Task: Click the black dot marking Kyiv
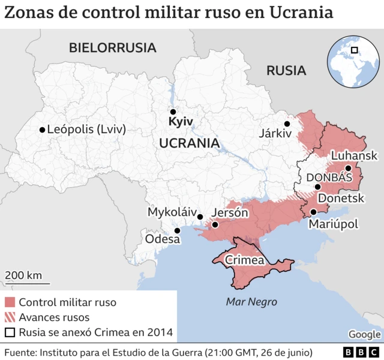click(173, 112)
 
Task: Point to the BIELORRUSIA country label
click(112, 47)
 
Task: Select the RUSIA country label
click(286, 70)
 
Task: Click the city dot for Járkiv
click(287, 124)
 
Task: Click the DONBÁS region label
click(329, 178)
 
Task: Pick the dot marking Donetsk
click(317, 187)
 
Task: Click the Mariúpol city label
click(333, 224)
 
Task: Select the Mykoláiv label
click(172, 212)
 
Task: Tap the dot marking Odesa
click(177, 230)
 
